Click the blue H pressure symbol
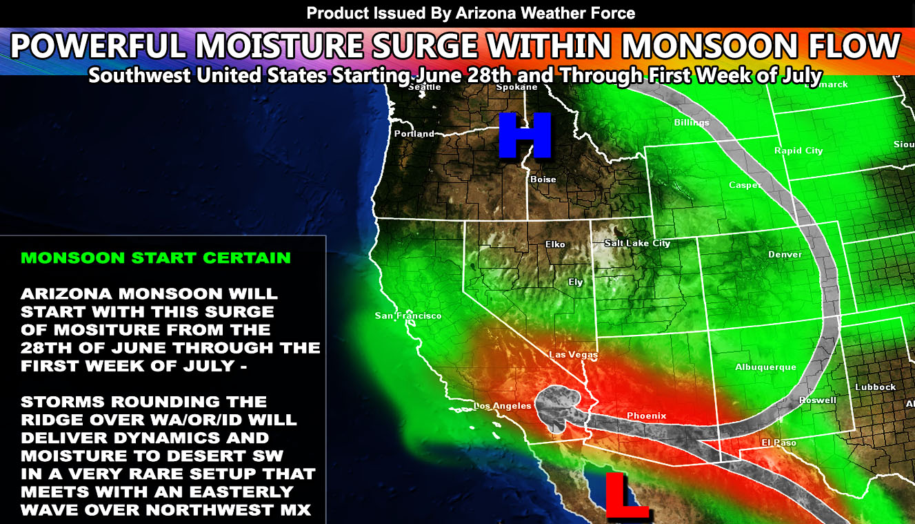(x=525, y=135)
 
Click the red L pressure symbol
(x=625, y=495)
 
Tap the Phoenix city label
(x=646, y=416)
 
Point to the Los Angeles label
(x=503, y=406)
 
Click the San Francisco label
(x=408, y=316)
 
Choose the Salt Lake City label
(x=637, y=243)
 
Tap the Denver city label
(x=785, y=255)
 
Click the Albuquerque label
(x=765, y=367)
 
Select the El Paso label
(x=778, y=443)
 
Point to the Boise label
(x=543, y=179)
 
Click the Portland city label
(x=414, y=134)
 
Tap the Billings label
(x=691, y=123)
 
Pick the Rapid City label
(x=798, y=151)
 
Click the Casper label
(x=745, y=185)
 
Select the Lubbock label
(x=875, y=387)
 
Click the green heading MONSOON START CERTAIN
(x=156, y=258)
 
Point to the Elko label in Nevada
(x=554, y=244)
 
